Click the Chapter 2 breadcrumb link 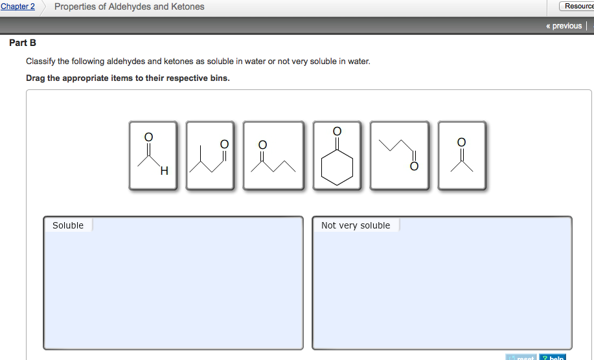(17, 6)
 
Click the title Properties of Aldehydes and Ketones (129, 6)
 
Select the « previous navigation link (564, 26)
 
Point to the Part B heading (23, 43)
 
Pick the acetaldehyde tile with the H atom (153, 155)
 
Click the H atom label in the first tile (164, 172)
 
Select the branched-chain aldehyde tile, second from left (210, 155)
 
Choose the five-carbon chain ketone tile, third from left (273, 155)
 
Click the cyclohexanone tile (337, 155)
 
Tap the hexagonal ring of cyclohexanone (337, 167)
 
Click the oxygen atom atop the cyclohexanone (337, 131)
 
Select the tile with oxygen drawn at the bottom (399, 155)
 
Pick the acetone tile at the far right (461, 155)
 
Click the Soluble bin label (68, 225)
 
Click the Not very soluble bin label (356, 225)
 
